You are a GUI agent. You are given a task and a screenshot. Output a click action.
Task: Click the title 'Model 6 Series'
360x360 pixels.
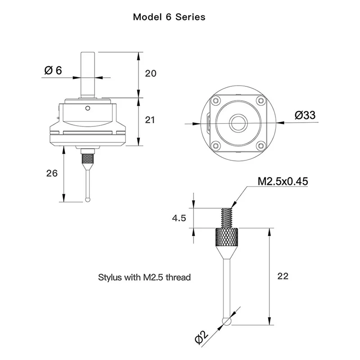click(169, 17)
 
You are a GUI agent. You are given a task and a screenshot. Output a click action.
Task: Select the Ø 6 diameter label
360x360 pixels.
click(53, 70)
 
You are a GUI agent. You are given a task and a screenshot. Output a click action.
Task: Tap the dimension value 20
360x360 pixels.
click(151, 73)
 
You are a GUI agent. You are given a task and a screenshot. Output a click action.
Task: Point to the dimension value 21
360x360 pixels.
click(151, 120)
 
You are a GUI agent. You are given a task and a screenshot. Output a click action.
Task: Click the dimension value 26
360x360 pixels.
click(52, 173)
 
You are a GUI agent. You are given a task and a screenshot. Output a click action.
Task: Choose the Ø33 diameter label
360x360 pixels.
click(305, 115)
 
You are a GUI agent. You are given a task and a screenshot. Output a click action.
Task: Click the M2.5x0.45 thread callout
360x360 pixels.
click(283, 181)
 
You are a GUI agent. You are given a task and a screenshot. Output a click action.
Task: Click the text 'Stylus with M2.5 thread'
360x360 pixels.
click(144, 277)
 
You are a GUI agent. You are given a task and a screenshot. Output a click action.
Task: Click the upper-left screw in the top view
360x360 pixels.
click(216, 100)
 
